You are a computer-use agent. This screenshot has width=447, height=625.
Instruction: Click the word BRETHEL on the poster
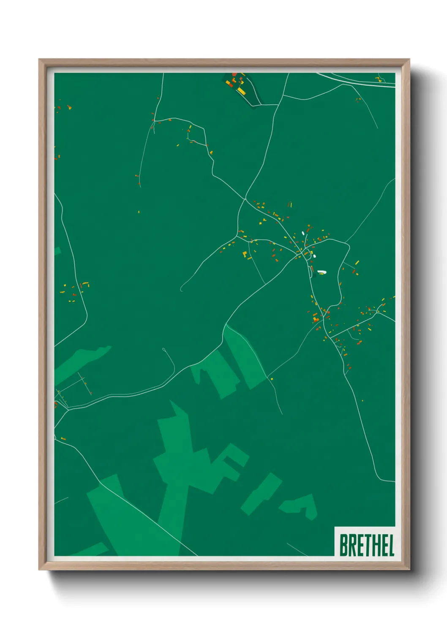coord(366,545)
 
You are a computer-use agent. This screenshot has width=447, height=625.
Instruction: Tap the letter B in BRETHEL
coord(343,545)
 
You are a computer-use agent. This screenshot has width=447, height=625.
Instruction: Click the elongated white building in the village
coord(322,272)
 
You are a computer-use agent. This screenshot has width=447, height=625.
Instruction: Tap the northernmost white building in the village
coord(303,233)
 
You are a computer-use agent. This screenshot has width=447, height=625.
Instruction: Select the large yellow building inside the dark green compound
coord(241,91)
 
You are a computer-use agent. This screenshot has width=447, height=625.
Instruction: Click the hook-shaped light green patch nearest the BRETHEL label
coord(301,505)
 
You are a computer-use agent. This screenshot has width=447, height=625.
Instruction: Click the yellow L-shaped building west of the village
coord(244,254)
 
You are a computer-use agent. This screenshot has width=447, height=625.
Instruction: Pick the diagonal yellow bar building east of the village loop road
coord(357,263)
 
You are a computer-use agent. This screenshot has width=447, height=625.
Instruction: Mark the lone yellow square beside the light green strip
coord(272,378)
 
